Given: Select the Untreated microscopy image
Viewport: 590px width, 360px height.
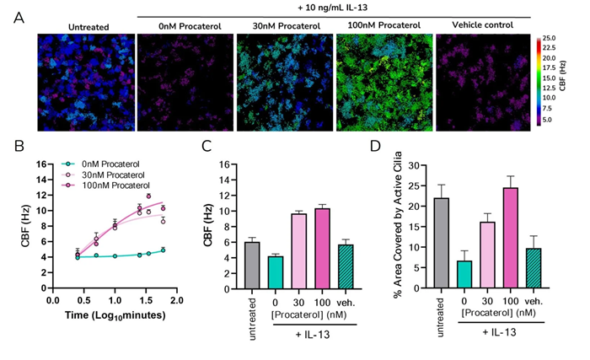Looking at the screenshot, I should (79, 83).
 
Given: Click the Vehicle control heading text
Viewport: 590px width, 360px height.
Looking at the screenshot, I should (479, 26).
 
